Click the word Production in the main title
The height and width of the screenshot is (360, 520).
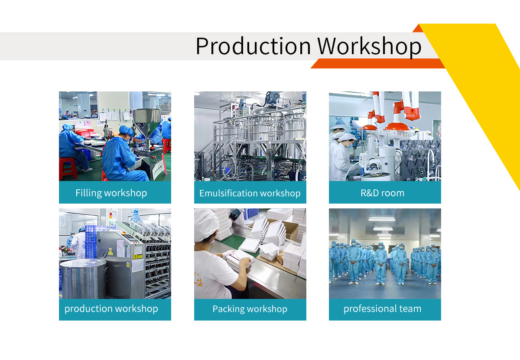(253, 46)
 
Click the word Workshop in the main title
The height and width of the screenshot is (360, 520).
(369, 46)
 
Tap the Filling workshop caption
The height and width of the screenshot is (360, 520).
(111, 193)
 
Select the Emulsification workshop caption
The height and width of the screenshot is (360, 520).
(250, 193)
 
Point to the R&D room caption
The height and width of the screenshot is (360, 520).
(382, 193)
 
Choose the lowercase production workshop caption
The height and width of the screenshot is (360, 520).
(111, 309)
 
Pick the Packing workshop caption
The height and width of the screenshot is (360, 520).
(250, 309)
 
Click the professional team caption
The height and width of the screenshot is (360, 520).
(382, 309)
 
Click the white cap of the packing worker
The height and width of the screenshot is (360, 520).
(206, 225)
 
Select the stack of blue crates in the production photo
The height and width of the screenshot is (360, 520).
(91, 241)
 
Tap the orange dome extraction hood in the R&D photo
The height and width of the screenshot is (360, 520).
(397, 126)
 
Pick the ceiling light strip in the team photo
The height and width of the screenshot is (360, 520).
(382, 219)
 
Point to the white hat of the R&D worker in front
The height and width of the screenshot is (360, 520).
(347, 137)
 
